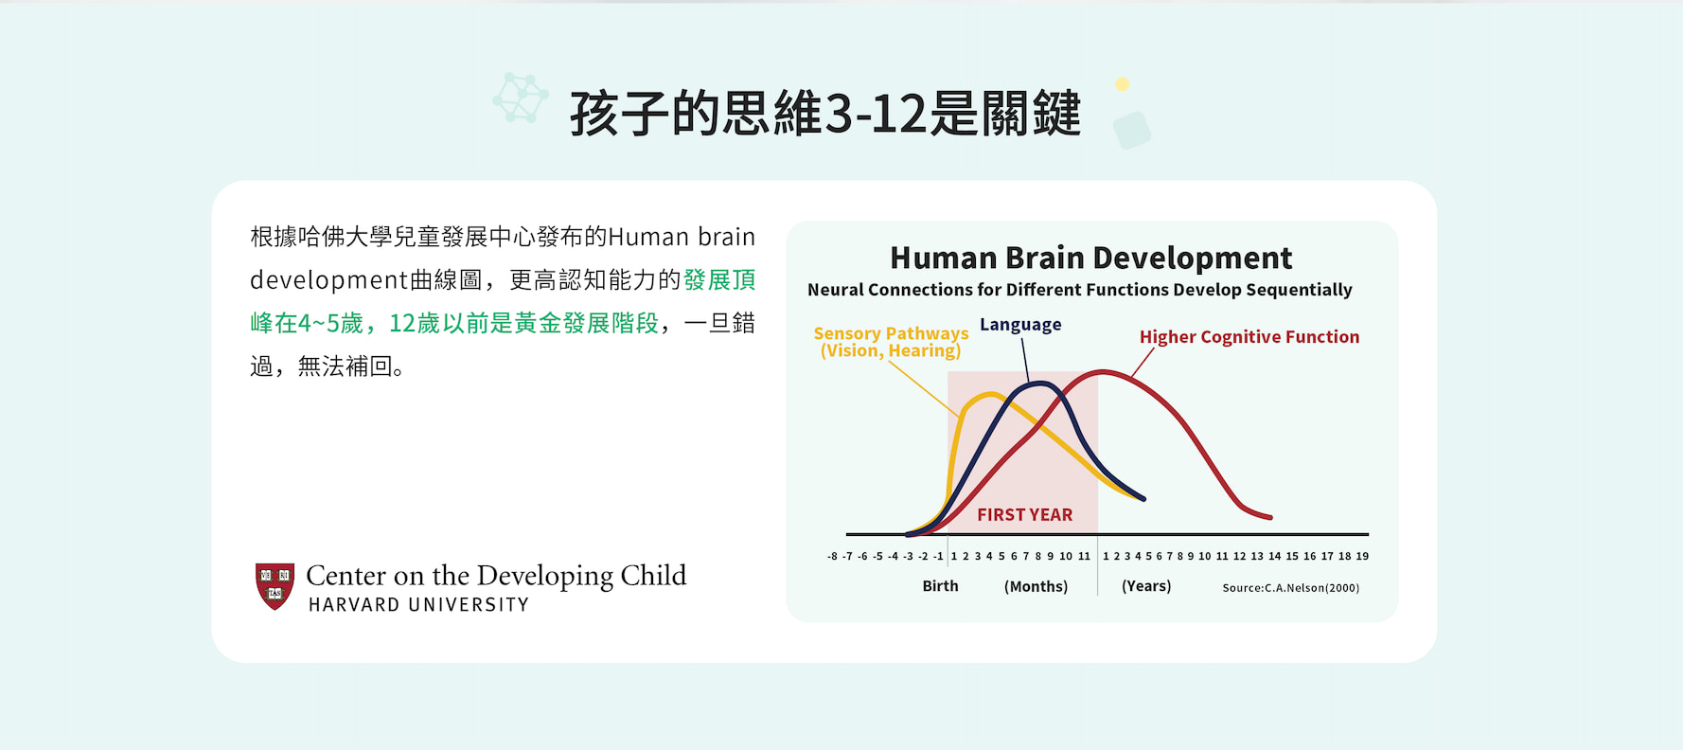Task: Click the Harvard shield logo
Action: [275, 586]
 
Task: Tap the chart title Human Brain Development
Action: [1090, 258]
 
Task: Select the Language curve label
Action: [1020, 325]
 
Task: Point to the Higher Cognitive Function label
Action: [1249, 337]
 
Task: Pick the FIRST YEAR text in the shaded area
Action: [1025, 515]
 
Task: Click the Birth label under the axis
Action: [940, 586]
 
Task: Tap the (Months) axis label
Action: [1036, 587]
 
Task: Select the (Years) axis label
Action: [1146, 586]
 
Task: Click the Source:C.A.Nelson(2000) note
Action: [1291, 588]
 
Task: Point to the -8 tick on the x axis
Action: [832, 557]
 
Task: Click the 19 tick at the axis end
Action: [1362, 557]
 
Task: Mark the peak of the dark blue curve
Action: [1040, 384]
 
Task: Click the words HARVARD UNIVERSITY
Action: [418, 605]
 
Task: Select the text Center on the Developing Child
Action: [496, 576]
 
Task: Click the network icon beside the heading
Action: [521, 98]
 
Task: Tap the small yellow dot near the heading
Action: [1123, 84]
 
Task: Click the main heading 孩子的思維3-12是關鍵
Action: [824, 114]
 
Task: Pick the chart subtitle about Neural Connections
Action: [1080, 290]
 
